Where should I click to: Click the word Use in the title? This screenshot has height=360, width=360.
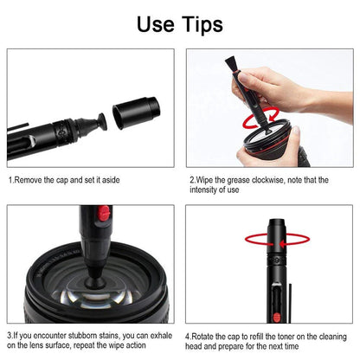(x=156, y=23)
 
